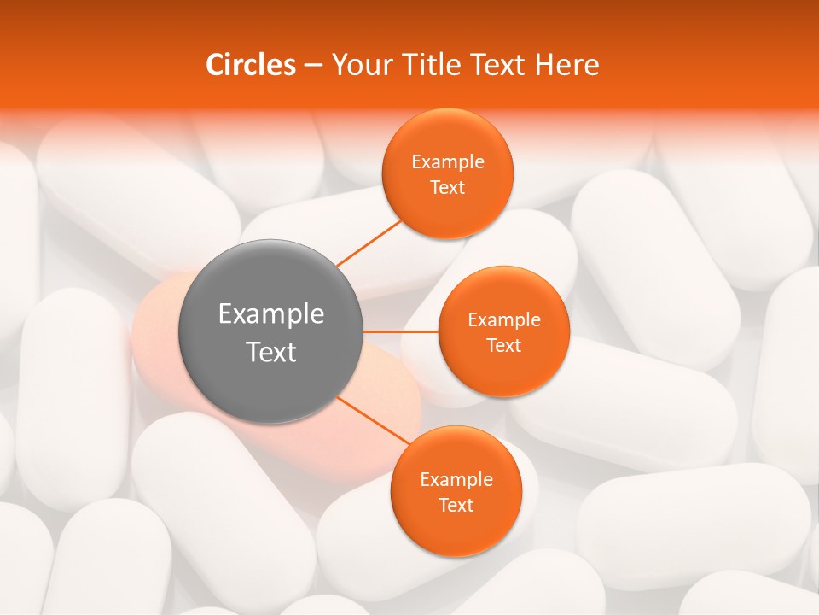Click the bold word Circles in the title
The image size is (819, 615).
coord(250,65)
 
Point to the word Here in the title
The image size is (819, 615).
coord(566,65)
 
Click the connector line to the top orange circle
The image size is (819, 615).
coord(369,243)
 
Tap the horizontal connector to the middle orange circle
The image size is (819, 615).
coord(400,331)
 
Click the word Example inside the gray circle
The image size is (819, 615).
coord(271,314)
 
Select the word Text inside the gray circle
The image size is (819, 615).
coord(271,352)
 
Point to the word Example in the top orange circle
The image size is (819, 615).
coord(448,162)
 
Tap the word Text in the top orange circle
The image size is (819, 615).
coord(448,188)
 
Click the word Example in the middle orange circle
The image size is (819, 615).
coord(504,320)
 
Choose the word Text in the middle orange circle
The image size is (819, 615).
coord(504,346)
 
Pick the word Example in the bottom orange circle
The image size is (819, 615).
coord(456,480)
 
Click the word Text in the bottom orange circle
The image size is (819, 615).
coord(456,506)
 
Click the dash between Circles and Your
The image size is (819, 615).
coord(312,66)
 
